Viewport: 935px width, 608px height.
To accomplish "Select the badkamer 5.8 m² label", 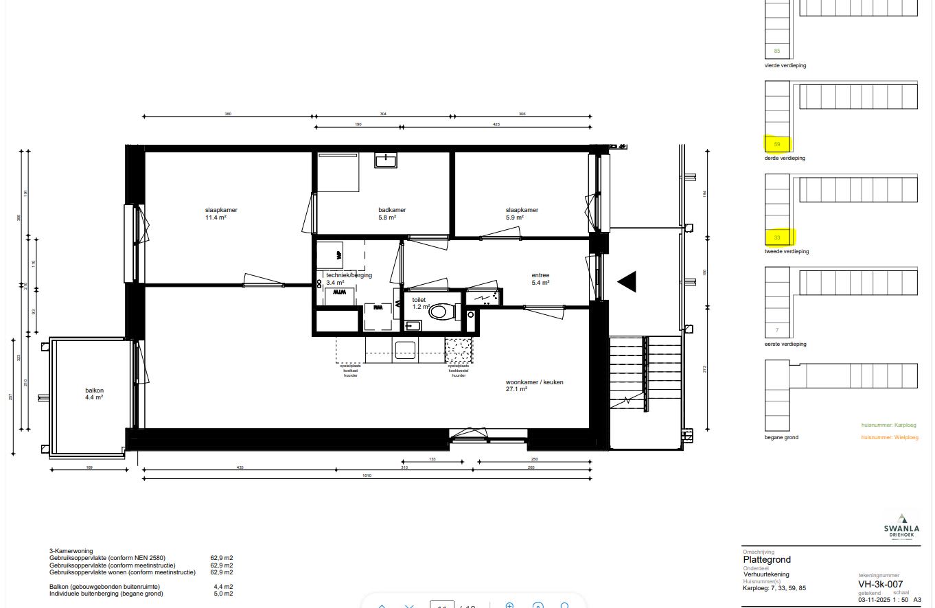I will point(392,213).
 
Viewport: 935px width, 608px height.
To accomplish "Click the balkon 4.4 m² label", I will point(94,393).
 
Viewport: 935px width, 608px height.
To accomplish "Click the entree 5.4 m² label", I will point(540,279).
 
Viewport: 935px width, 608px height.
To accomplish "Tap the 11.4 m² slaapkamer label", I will point(216,213).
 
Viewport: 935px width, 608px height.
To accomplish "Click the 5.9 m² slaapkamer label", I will point(522,213).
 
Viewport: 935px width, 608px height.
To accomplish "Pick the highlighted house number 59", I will point(777,144).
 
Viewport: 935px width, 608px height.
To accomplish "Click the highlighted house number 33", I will point(777,237).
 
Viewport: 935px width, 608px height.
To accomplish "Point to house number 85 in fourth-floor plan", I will point(777,51).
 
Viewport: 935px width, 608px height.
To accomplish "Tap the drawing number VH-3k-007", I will point(885,584).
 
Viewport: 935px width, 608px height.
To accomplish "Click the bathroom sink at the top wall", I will point(385,161).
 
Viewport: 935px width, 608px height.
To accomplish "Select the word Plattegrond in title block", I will point(767,559).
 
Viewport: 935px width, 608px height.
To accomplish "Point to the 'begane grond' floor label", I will point(781,437).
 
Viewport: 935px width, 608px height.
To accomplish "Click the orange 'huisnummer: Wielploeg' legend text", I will point(889,437).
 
